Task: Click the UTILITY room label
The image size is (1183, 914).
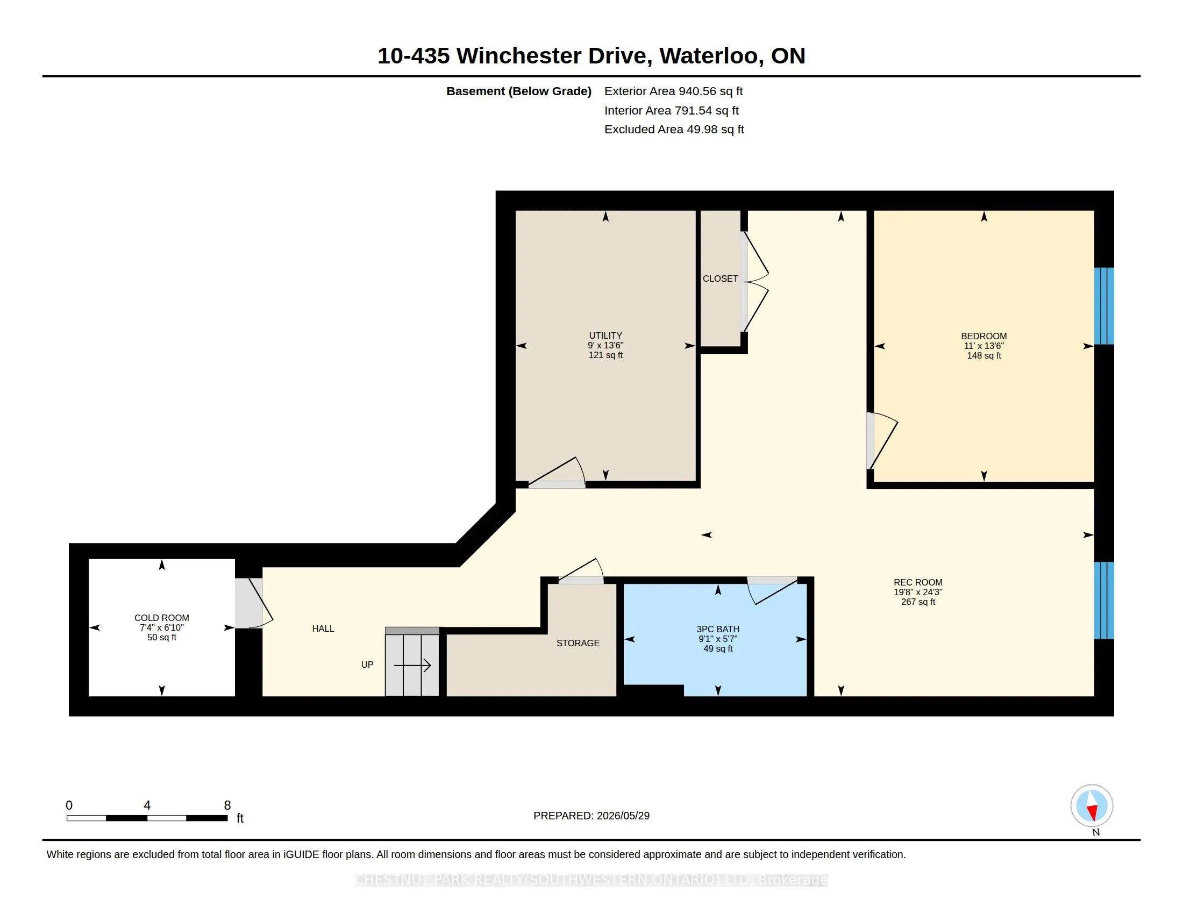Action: [x=605, y=335]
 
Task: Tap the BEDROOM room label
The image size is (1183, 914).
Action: [x=984, y=336]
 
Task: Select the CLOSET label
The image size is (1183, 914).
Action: [x=720, y=279]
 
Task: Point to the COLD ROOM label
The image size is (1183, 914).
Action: [x=161, y=618]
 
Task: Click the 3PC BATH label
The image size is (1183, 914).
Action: [x=718, y=629]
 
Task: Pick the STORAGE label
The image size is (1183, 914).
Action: [x=578, y=643]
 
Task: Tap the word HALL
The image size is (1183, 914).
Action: [x=323, y=629]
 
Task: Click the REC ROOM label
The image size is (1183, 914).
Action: [x=918, y=583]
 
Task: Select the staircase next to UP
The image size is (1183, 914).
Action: [x=412, y=662]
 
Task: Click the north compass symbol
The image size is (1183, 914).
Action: [x=1092, y=806]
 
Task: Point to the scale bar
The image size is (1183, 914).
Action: [x=147, y=818]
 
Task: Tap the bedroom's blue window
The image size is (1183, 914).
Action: [x=1104, y=306]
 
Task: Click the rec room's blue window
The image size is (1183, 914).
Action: [x=1104, y=601]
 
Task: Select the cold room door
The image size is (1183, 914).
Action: [x=253, y=603]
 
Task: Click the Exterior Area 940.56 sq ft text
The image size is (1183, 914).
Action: [x=673, y=91]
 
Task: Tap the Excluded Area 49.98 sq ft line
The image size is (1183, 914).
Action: [x=674, y=130]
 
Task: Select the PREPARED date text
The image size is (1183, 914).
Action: [x=591, y=816]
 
